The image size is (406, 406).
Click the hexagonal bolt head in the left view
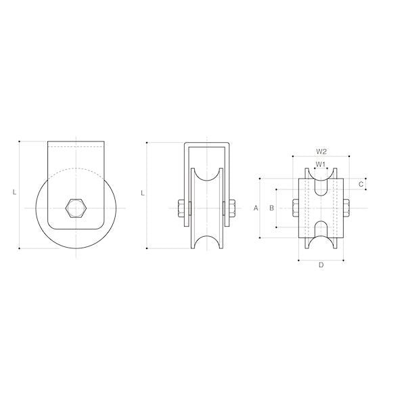(x=76, y=208)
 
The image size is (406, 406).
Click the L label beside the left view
(x=14, y=192)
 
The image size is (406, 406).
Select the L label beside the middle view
(x=142, y=193)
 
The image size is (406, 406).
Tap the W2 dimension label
(x=321, y=152)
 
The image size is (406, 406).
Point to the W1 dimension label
(x=321, y=164)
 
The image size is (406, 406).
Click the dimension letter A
(x=256, y=208)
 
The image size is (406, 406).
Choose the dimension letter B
(x=271, y=208)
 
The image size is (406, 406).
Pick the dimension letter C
(x=361, y=184)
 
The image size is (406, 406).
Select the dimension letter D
(x=321, y=265)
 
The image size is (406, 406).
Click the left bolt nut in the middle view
(x=181, y=208)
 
